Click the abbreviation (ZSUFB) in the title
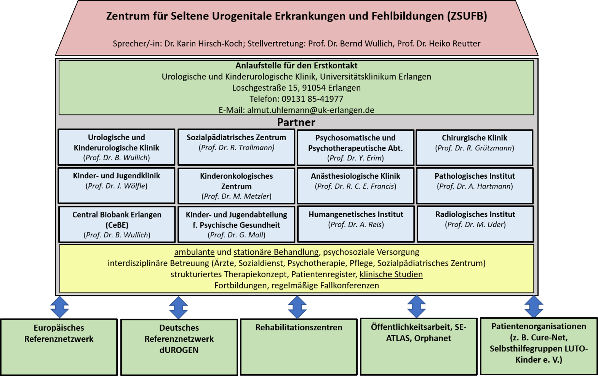pyautogui.click(x=467, y=16)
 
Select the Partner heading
pyautogui.click(x=296, y=122)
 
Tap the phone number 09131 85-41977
pyautogui.click(x=312, y=99)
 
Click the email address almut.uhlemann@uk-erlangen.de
pyautogui.click(x=311, y=110)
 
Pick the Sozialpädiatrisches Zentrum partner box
pyautogui.click(x=236, y=147)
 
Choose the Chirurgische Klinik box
pyautogui.click(x=474, y=148)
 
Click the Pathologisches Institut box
pyautogui.click(x=475, y=186)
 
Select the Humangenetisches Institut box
pyautogui.click(x=356, y=224)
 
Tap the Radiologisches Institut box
pyautogui.click(x=475, y=224)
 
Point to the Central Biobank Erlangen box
pyautogui.click(x=117, y=224)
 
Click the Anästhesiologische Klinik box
pyautogui.click(x=356, y=186)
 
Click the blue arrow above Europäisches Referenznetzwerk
pyautogui.click(x=59, y=307)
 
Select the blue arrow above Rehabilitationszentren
pyautogui.click(x=297, y=307)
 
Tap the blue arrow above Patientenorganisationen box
pyautogui.click(x=534, y=307)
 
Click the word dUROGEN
pyautogui.click(x=179, y=350)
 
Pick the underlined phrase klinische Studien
pyautogui.click(x=391, y=274)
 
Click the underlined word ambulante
pyautogui.click(x=194, y=252)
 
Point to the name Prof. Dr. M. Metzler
pyautogui.click(x=237, y=196)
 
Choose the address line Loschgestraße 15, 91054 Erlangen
pyautogui.click(x=296, y=88)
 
